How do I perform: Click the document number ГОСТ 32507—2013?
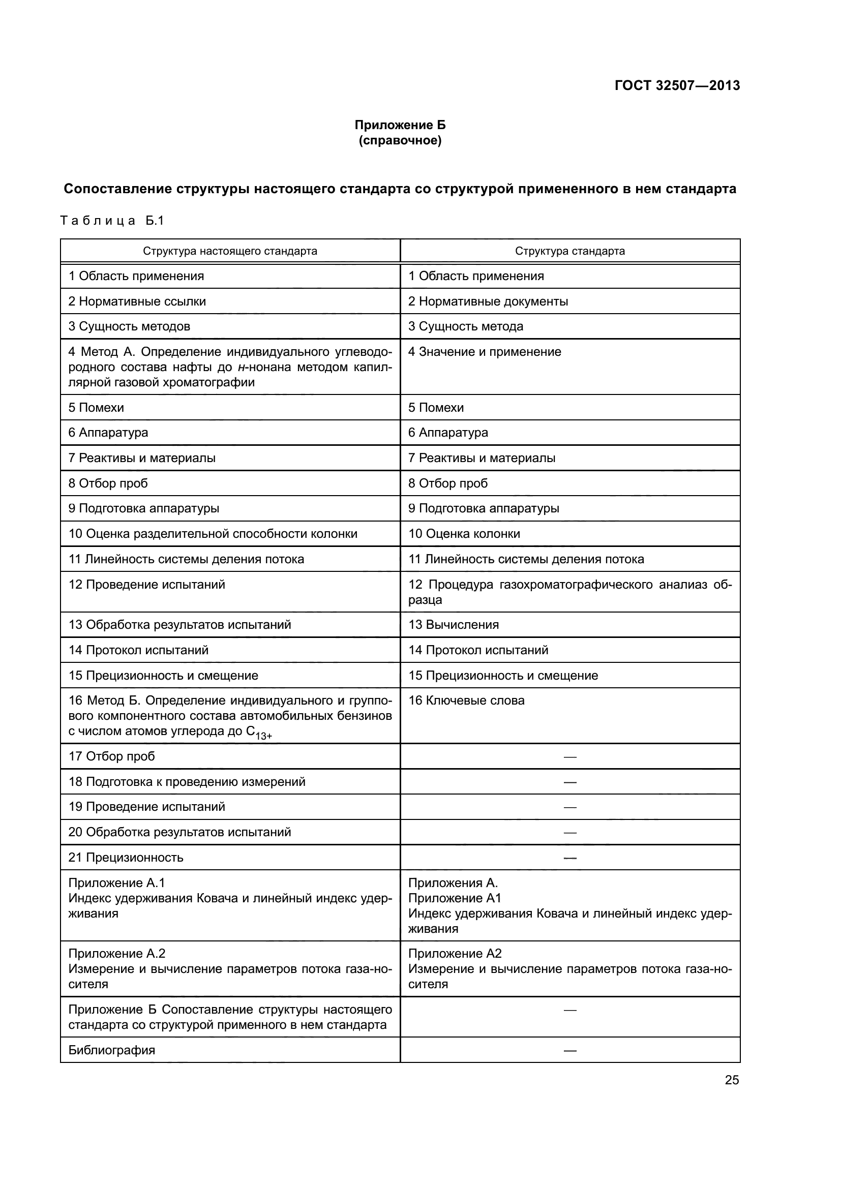coord(677,85)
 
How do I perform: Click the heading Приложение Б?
coord(400,125)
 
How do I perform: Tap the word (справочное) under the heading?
coord(400,140)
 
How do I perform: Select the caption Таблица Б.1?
coord(112,221)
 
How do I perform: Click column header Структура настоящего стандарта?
coord(230,251)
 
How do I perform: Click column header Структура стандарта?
coord(569,251)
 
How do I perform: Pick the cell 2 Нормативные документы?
coord(488,301)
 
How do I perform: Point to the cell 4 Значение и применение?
coord(484,352)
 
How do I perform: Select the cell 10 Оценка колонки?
coord(464,533)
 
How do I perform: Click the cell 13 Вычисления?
coord(453,625)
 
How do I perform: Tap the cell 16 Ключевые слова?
coord(466,700)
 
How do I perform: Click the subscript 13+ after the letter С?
coord(263,736)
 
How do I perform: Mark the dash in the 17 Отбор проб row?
coord(569,756)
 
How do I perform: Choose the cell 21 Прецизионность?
coord(126,858)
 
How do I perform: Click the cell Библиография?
coord(112,1050)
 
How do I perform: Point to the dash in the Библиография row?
coord(569,1051)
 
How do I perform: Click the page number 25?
coord(731,1080)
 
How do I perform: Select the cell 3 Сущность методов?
coord(130,326)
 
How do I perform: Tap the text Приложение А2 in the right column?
coord(455,953)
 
